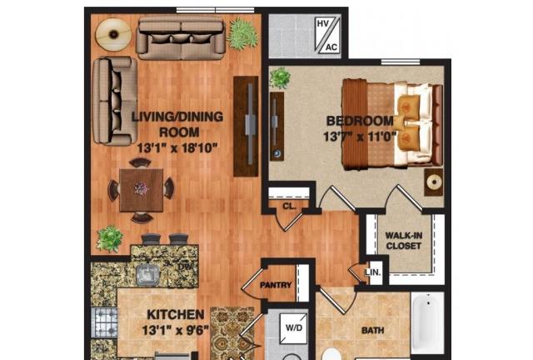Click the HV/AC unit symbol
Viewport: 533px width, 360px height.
327,35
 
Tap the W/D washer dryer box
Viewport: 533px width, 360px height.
294,328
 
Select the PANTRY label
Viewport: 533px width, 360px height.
276,285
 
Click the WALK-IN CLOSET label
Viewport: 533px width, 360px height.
403,241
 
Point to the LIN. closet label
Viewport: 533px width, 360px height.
373,272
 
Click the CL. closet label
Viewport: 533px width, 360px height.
289,206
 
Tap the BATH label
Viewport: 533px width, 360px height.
373,330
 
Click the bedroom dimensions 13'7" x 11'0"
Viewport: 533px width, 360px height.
360,137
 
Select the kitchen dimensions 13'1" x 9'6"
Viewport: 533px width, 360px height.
176,330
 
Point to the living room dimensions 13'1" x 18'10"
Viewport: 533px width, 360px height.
177,148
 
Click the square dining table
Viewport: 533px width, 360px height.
141,190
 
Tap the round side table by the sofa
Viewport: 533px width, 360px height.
113,34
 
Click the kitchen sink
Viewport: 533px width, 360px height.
147,274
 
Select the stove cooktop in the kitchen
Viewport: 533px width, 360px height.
104,322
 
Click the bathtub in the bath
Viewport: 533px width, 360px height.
427,322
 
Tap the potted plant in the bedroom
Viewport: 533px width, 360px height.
280,78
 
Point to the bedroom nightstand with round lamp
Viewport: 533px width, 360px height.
434,182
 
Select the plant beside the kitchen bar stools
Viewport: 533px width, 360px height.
109,238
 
